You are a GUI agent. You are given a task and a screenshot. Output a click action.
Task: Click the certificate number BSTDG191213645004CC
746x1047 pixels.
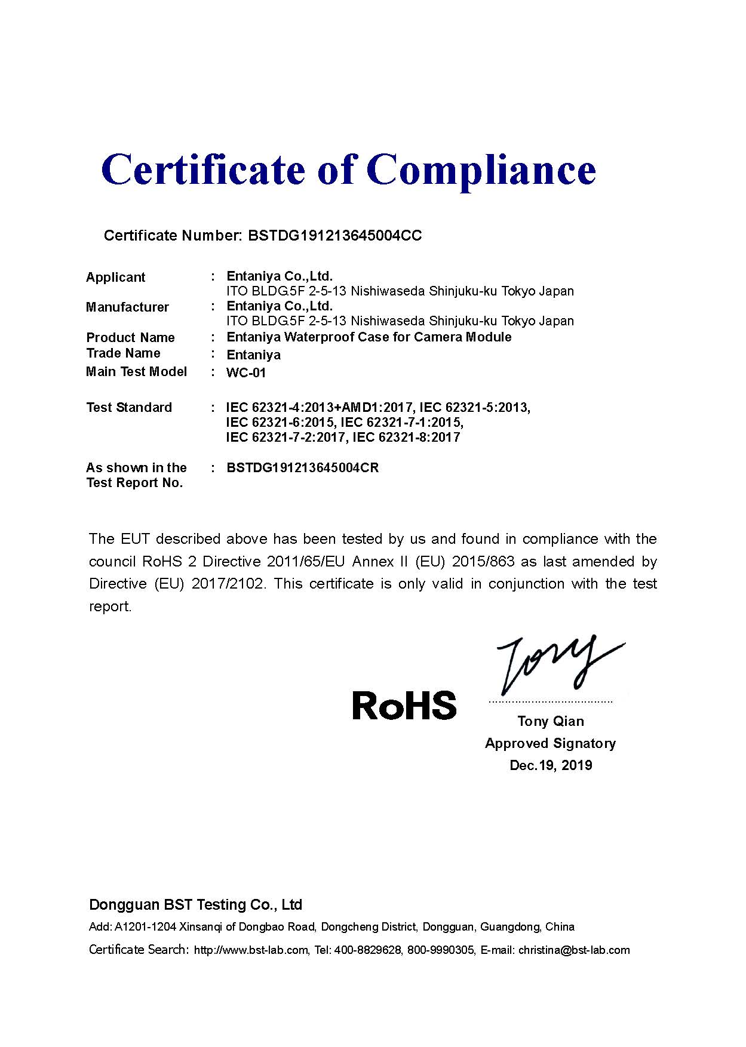click(334, 236)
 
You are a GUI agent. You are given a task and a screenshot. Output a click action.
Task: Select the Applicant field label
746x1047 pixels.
click(115, 277)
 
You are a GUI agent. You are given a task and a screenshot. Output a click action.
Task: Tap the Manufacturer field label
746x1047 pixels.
click(127, 307)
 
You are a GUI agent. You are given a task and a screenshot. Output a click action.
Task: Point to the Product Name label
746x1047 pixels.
click(130, 337)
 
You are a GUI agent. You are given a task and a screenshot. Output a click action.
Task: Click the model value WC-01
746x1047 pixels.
click(246, 373)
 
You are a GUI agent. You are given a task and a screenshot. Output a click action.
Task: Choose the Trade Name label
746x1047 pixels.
click(123, 353)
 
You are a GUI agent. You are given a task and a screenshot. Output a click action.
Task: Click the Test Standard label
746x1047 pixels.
click(129, 408)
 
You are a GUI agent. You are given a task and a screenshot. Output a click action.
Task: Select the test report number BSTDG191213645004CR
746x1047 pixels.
click(302, 467)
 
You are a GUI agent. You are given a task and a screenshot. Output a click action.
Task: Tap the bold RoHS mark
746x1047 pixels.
click(404, 705)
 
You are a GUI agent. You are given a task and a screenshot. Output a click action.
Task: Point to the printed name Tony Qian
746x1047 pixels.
click(550, 721)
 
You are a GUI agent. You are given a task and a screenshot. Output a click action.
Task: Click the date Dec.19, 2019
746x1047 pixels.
click(551, 765)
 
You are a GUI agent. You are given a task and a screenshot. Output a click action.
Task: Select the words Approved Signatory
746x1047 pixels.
click(550, 743)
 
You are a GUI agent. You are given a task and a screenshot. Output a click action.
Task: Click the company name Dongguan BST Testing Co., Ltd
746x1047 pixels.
click(195, 905)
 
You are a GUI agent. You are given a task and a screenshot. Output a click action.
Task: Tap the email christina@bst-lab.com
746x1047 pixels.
click(574, 950)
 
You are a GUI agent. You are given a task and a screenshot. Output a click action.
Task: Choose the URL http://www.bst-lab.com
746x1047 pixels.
click(251, 950)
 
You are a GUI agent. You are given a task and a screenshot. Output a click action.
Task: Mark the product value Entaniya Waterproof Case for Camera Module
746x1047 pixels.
click(369, 337)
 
